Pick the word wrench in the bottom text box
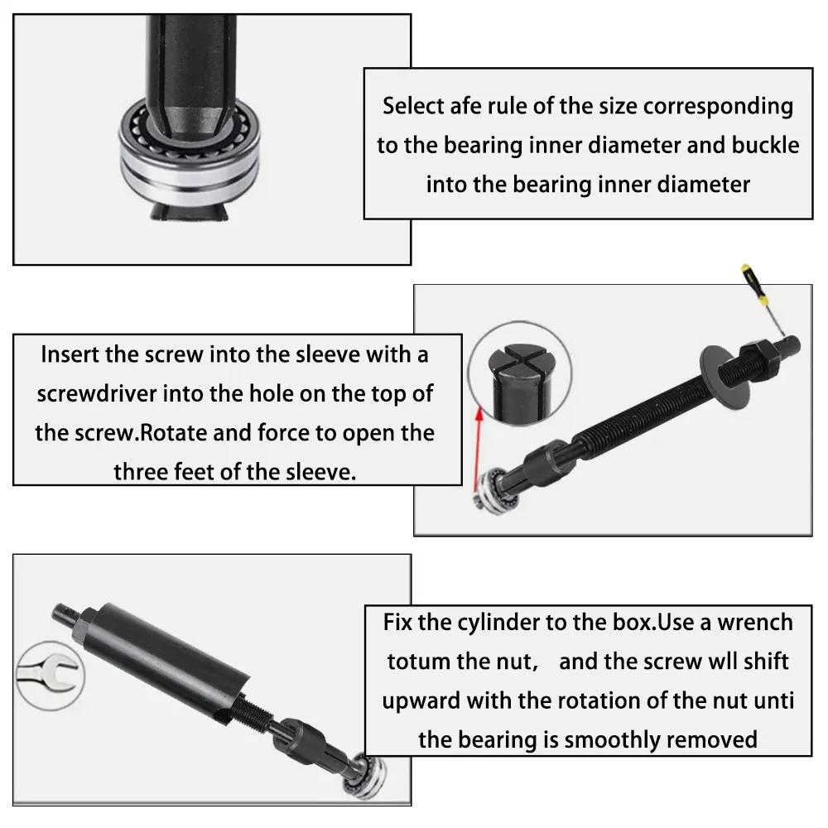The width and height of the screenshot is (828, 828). click(751, 622)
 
